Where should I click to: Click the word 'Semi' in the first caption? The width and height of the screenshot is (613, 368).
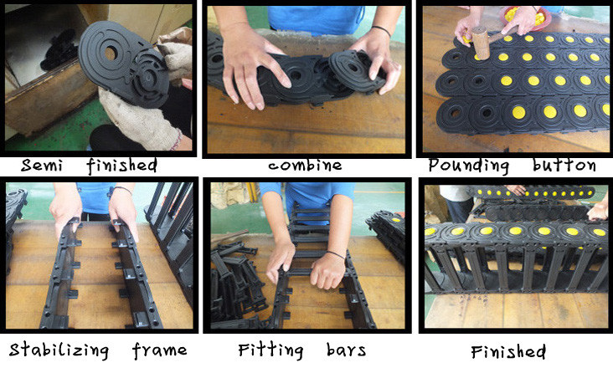tap(42, 166)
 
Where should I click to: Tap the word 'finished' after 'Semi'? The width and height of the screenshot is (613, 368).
tap(122, 166)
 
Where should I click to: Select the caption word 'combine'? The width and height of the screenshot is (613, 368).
tap(305, 166)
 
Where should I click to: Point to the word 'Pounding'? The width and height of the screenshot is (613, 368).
tap(469, 166)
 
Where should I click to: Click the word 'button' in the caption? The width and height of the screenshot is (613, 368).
tap(564, 165)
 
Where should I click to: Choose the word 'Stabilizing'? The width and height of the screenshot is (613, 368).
tap(59, 350)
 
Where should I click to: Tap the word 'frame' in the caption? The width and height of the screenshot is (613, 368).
tap(159, 350)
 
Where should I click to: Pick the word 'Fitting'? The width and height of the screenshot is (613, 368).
tap(270, 350)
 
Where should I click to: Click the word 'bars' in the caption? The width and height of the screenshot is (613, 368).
tap(347, 350)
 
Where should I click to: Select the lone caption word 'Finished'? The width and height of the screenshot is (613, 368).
tap(508, 351)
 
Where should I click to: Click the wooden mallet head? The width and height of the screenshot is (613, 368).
tap(481, 43)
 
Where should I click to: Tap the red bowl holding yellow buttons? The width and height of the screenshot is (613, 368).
tap(526, 18)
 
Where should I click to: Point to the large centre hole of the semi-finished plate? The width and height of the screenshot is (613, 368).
tap(110, 53)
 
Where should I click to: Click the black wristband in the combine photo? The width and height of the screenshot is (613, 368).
tap(381, 30)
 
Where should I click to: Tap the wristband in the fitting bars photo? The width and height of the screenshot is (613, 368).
tap(336, 254)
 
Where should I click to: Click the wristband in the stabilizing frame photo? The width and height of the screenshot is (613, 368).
tap(122, 190)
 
